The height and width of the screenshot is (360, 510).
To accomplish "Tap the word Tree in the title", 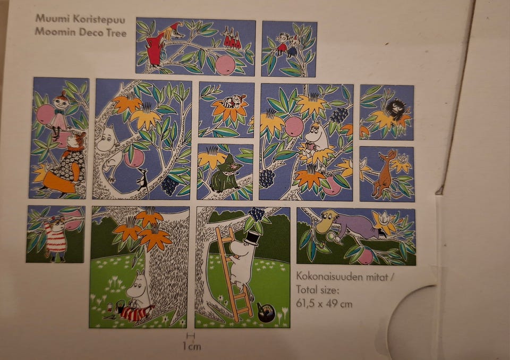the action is (116, 32).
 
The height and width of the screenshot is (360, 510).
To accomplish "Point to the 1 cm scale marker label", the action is (192, 346).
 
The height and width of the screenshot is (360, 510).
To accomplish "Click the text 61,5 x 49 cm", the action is (324, 304).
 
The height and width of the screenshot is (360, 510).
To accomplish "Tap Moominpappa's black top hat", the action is (252, 238).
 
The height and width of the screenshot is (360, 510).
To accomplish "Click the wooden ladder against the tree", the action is (234, 273).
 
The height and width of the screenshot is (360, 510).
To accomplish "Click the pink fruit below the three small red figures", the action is (225, 65).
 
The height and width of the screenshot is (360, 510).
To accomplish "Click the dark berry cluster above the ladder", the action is (257, 214).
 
